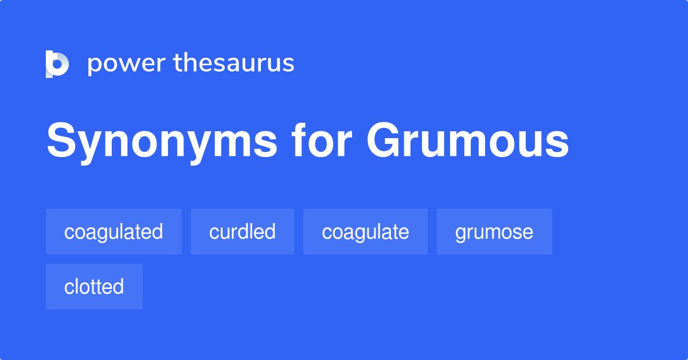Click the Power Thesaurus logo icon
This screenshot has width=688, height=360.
57,64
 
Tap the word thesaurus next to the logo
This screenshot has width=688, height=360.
234,63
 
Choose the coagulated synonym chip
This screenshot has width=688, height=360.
114,232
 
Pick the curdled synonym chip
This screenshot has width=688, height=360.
243,232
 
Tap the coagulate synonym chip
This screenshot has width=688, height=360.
365,232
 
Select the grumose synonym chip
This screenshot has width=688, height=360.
494,232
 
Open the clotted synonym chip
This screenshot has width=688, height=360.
94,287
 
